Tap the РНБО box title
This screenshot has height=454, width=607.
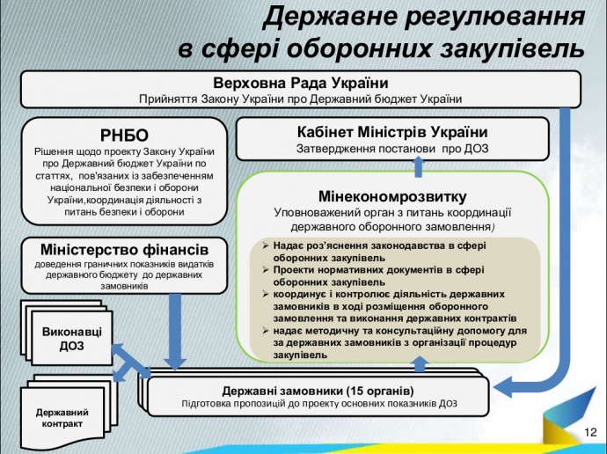124,135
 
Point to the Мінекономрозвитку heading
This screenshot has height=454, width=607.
392,195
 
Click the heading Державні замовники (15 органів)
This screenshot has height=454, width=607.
318,390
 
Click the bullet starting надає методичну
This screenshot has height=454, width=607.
393,342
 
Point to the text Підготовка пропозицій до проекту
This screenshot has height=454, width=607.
318,404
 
